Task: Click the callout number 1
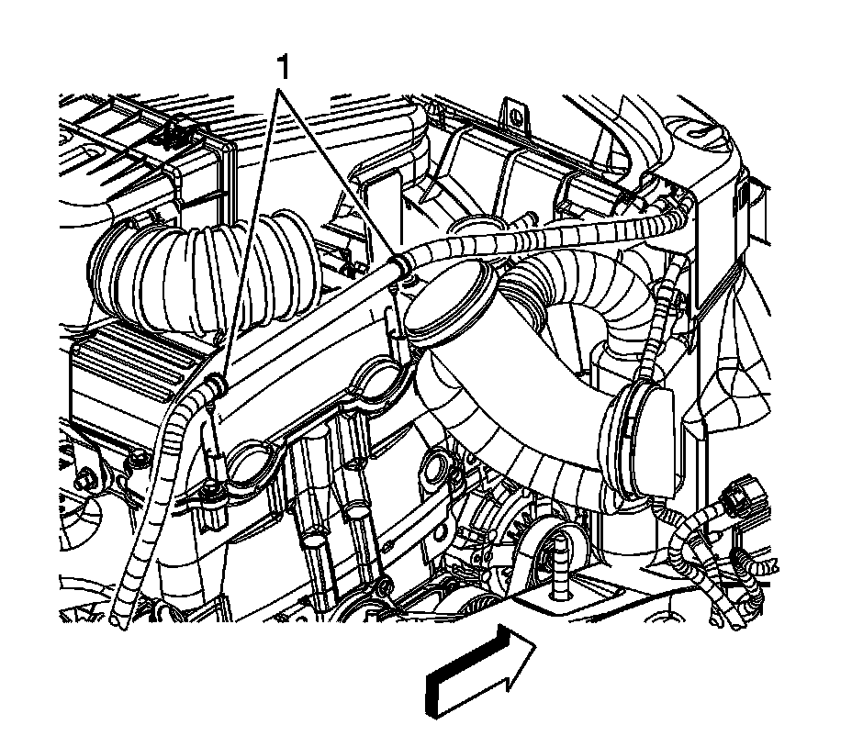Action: pos(285,67)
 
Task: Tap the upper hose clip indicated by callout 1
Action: pos(398,266)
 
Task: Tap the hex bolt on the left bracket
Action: pos(89,478)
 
